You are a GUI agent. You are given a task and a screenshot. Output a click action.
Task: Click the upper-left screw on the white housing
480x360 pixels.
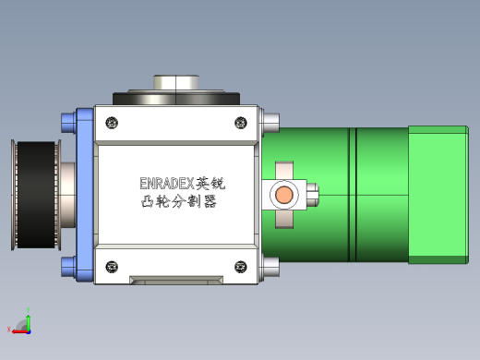click(x=112, y=123)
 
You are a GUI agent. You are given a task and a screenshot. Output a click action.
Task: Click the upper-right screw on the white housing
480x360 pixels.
click(x=241, y=123)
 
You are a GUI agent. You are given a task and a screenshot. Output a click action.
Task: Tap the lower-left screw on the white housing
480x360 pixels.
click(x=112, y=267)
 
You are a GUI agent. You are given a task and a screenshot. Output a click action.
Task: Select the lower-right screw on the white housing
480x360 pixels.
click(x=241, y=267)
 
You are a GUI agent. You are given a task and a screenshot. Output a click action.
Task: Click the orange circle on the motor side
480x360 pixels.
click(x=284, y=195)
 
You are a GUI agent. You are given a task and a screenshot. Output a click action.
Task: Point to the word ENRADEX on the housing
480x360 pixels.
click(x=167, y=184)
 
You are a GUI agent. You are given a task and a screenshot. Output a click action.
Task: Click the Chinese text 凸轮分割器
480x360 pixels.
click(x=179, y=202)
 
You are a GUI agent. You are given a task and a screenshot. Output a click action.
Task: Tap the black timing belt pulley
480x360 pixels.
click(x=36, y=195)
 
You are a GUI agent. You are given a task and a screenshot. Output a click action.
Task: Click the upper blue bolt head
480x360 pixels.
click(x=68, y=123)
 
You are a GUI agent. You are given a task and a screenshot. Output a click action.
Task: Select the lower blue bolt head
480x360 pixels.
click(x=68, y=267)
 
